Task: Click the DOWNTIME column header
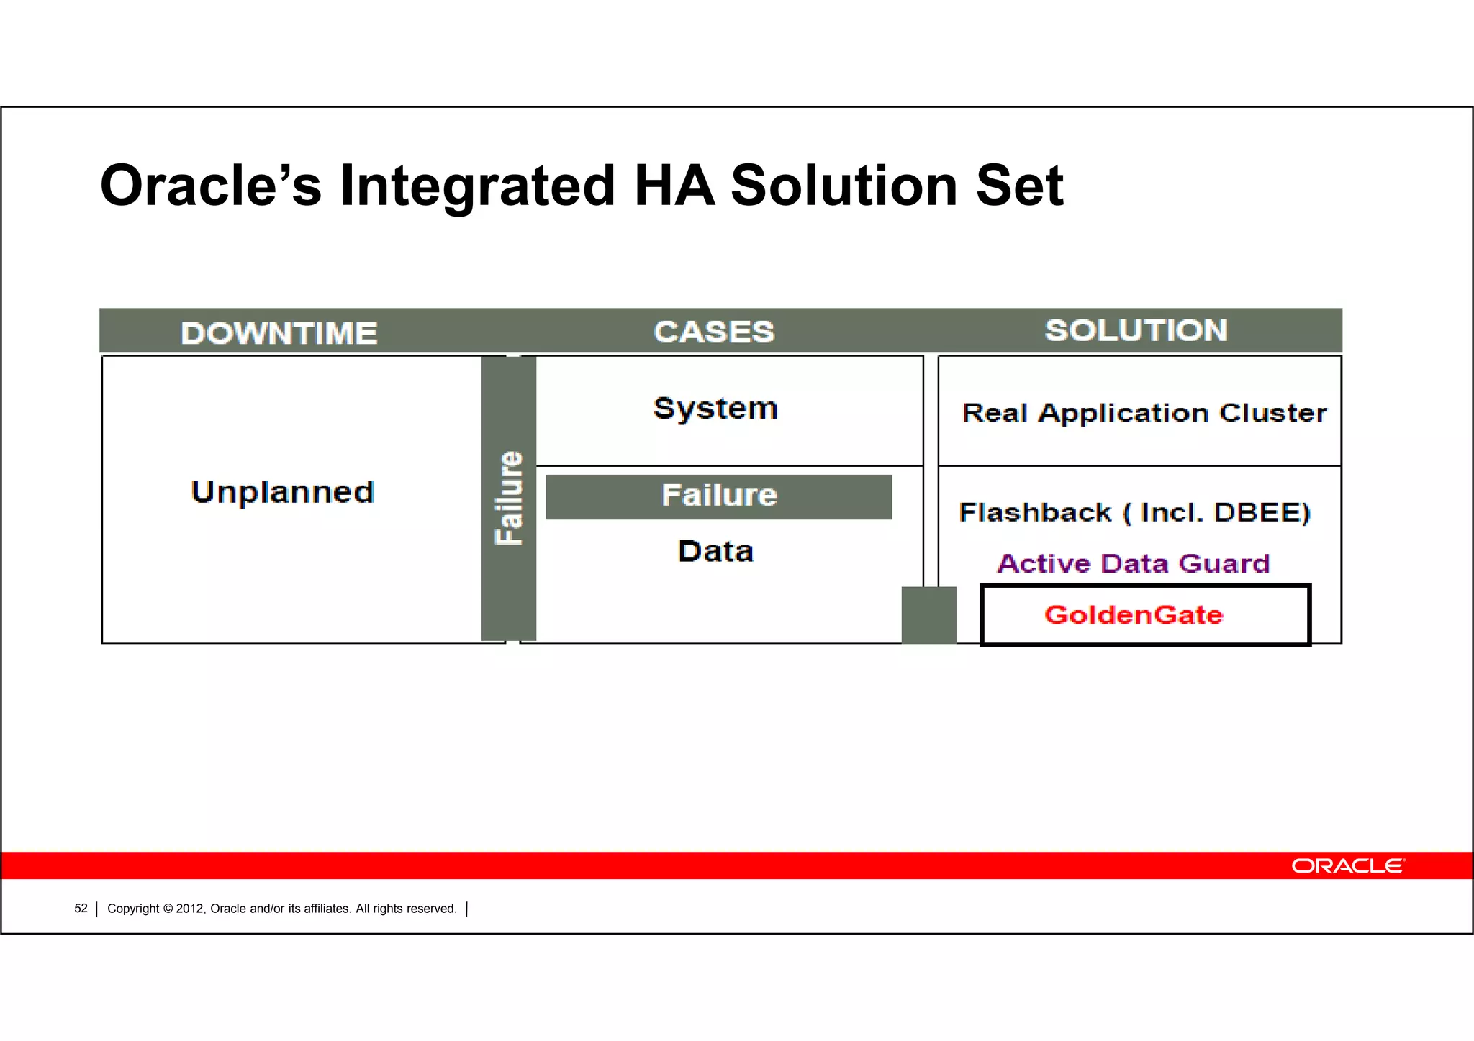pos(279,333)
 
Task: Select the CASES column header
pos(713,332)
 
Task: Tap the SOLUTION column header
pos(1136,331)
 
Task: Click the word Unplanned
pos(282,492)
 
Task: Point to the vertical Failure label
pos(509,498)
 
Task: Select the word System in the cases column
pos(715,409)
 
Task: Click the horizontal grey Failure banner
pos(718,496)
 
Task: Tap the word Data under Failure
pos(715,552)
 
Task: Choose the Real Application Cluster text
pos(1144,413)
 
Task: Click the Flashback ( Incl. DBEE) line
pos(1134,512)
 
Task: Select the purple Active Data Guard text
pos(1133,563)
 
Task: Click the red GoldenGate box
pos(1144,615)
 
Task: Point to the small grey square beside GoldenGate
pos(928,615)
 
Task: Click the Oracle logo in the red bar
pos(1347,865)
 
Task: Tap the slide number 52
pos(81,909)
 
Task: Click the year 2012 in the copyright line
pos(190,909)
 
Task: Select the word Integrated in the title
pos(477,186)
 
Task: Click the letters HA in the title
pos(674,186)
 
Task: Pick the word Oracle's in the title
pos(211,186)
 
